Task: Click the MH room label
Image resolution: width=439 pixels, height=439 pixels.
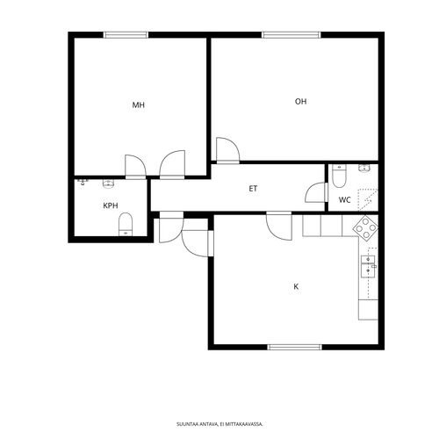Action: pos(139,105)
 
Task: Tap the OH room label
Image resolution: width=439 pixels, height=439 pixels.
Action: pos(300,102)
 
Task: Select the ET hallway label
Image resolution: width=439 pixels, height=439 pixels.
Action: pos(253,189)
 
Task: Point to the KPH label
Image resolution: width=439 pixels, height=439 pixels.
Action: pos(111,205)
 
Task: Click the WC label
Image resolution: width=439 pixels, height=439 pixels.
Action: pos(345,200)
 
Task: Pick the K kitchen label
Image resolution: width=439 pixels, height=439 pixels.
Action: pos(296,286)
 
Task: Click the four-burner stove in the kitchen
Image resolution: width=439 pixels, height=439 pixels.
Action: pos(365,228)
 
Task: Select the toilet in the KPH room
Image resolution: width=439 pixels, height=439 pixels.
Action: pos(126,224)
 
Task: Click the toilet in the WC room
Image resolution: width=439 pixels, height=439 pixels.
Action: pos(339,176)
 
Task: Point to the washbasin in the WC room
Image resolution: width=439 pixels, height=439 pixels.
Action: pos(364,168)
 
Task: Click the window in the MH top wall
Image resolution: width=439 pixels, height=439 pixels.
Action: pos(126,35)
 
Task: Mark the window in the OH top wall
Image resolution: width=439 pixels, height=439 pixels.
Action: pos(291,35)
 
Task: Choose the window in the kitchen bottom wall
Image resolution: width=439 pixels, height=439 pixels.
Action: pos(295,347)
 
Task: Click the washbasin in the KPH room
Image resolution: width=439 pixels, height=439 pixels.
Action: pos(108,184)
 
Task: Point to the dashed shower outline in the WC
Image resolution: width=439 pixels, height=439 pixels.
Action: pos(368,200)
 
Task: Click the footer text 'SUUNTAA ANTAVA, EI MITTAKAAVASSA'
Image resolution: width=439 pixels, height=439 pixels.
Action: pos(219,424)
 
